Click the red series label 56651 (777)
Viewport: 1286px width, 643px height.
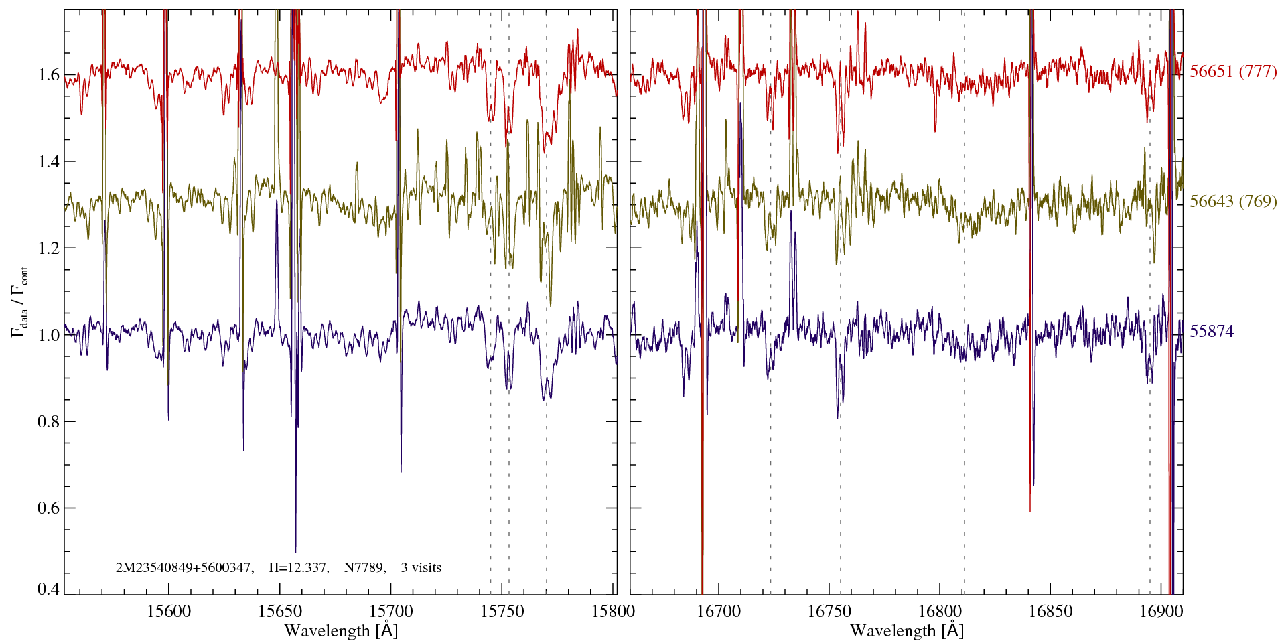[x=1233, y=72]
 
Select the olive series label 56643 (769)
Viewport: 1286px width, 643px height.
[x=1233, y=202]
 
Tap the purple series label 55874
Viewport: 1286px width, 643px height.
[x=1212, y=332]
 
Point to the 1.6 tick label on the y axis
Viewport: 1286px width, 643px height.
[x=49, y=74]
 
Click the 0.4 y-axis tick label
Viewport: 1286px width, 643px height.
[x=49, y=589]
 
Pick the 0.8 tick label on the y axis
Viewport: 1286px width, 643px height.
[x=49, y=421]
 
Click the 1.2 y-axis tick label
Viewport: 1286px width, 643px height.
[x=49, y=248]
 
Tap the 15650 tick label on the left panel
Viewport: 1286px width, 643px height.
[x=280, y=611]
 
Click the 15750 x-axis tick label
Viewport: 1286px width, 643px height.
[x=503, y=611]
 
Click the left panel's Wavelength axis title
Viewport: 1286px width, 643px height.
[x=341, y=631]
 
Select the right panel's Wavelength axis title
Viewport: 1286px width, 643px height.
[x=907, y=631]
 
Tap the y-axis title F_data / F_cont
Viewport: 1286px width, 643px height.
[x=19, y=301]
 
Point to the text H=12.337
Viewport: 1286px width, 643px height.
[x=298, y=568]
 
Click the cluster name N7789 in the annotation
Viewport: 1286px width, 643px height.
[x=364, y=568]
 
